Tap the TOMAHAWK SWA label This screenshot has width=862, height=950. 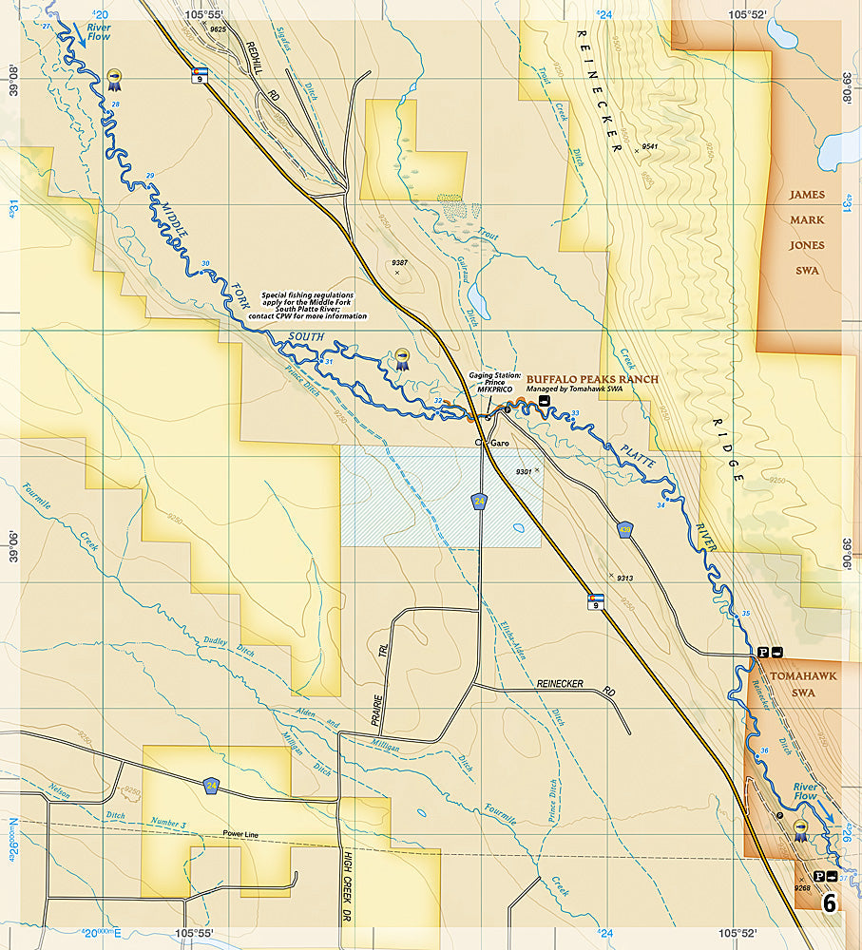[x=793, y=684]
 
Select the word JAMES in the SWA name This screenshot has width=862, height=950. [x=806, y=195]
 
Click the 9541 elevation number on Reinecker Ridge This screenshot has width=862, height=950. [x=650, y=146]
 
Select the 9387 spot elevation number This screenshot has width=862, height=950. [x=399, y=261]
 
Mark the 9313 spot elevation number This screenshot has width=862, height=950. [x=624, y=578]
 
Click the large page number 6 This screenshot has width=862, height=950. [x=830, y=902]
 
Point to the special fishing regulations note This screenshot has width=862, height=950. [x=314, y=306]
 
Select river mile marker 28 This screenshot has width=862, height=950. [x=116, y=104]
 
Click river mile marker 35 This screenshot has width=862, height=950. [x=745, y=613]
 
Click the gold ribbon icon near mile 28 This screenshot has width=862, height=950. [x=115, y=76]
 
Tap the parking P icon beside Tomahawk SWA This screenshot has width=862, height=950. [x=761, y=652]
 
